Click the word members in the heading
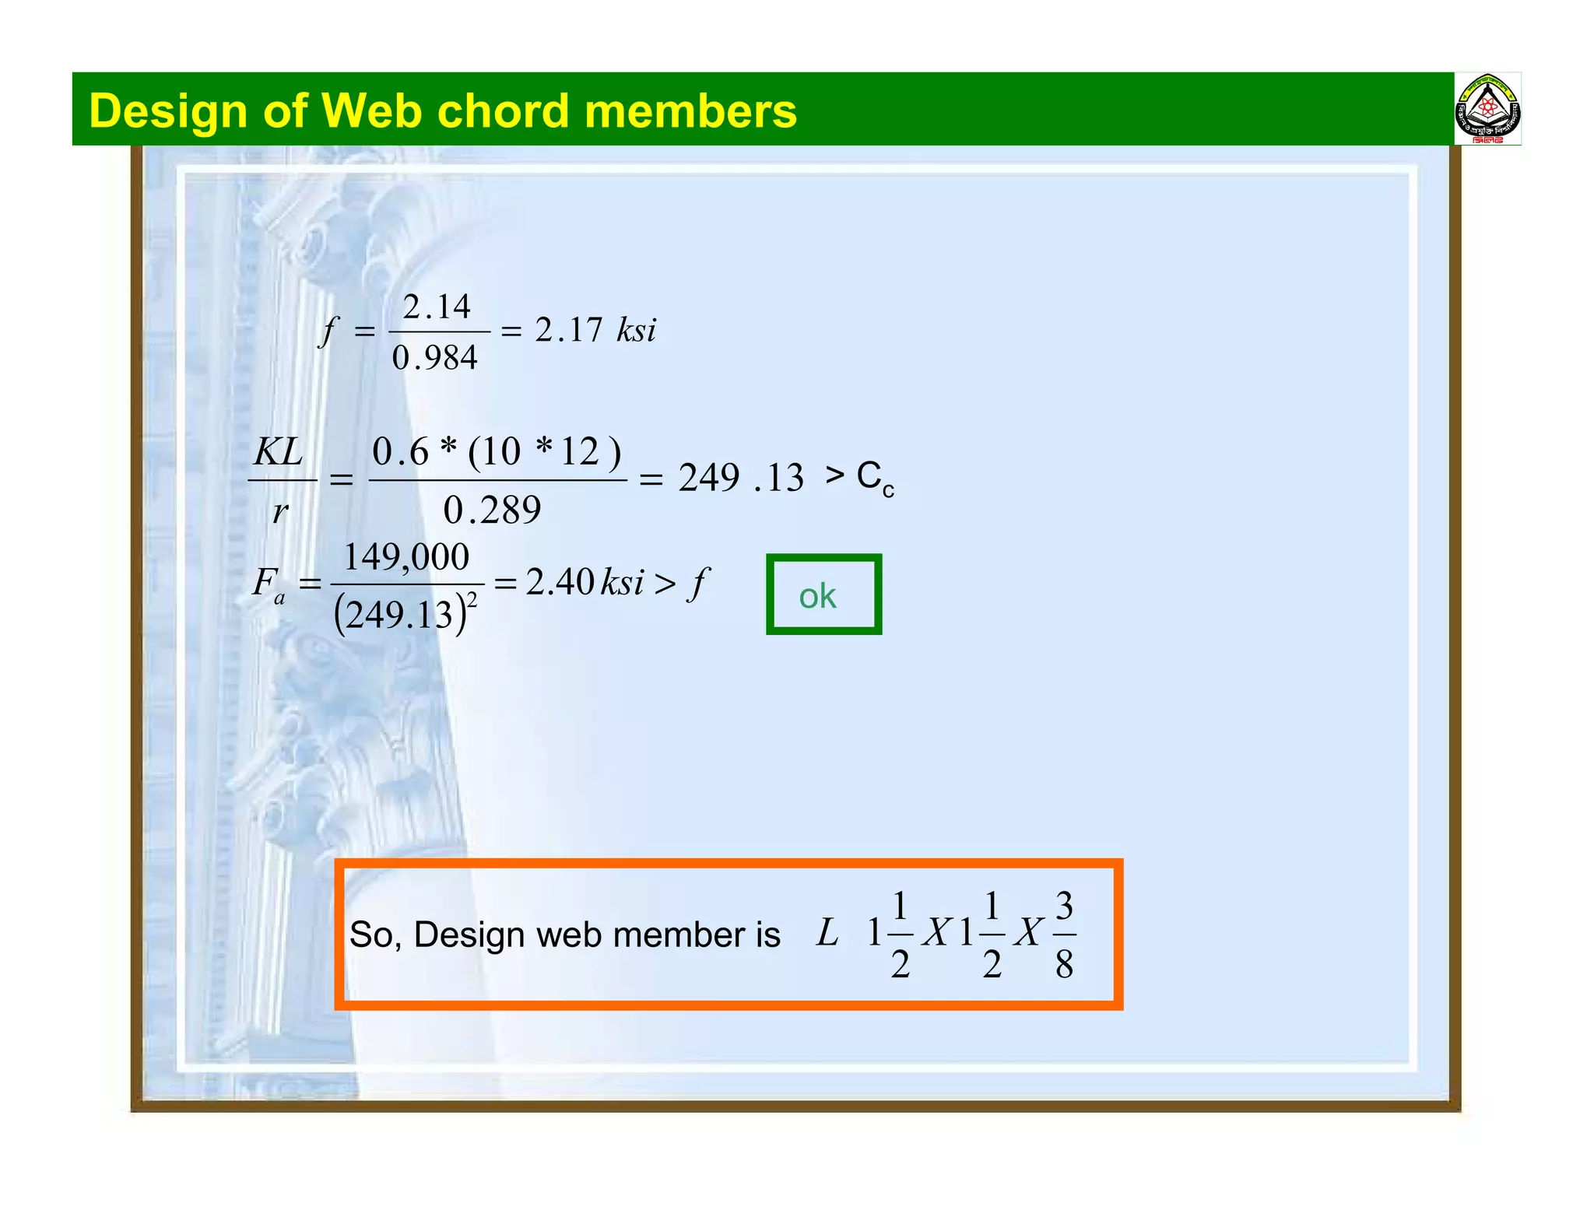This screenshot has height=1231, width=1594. tap(690, 110)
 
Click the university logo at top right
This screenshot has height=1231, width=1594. tap(1487, 110)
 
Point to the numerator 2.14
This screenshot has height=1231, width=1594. tap(437, 307)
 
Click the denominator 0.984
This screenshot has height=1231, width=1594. tap(434, 358)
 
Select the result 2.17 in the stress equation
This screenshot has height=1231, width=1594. tap(568, 331)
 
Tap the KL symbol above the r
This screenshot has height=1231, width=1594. tap(279, 452)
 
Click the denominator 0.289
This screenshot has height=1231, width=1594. tap(492, 510)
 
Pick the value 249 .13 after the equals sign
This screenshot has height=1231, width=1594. tap(740, 478)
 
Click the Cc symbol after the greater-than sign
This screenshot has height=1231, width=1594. tap(875, 478)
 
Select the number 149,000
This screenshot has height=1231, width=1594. tap(406, 557)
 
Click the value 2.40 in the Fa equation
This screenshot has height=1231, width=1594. tap(560, 582)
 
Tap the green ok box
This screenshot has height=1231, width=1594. tap(823, 594)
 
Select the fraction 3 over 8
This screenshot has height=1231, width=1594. tap(1064, 935)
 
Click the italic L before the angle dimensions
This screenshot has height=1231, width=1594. tap(827, 932)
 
